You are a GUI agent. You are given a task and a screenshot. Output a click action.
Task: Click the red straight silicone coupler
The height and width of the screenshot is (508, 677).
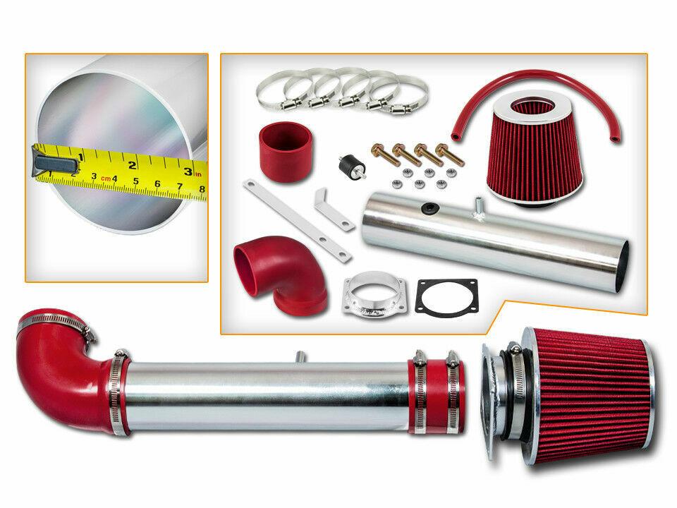pyautogui.click(x=286, y=152)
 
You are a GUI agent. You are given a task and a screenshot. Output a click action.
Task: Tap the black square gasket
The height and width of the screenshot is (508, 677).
pyautogui.click(x=446, y=296)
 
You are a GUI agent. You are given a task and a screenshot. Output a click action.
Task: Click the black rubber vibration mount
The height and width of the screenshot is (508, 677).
pyautogui.click(x=352, y=167)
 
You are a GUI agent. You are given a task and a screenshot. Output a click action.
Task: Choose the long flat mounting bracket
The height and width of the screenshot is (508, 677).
pyautogui.click(x=298, y=221)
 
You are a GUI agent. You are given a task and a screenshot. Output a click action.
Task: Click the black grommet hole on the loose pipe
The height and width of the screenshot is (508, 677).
pyautogui.click(x=430, y=209)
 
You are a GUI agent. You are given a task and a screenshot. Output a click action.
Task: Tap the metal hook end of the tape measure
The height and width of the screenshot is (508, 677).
pyautogui.click(x=55, y=164)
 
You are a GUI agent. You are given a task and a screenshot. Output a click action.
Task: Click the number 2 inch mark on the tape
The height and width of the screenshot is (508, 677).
pyautogui.click(x=132, y=164)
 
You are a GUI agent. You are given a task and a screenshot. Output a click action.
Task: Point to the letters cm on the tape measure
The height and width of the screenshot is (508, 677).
pyautogui.click(x=106, y=178)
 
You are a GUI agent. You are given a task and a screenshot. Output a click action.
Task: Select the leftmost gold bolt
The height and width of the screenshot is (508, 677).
pyautogui.click(x=385, y=155)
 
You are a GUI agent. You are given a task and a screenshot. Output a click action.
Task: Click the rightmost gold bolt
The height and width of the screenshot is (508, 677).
pyautogui.click(x=449, y=155)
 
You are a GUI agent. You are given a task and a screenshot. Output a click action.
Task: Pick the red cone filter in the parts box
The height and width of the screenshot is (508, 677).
pyautogui.click(x=534, y=147)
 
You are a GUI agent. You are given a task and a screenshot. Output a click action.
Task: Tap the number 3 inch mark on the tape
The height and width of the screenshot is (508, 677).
pyautogui.click(x=188, y=171)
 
